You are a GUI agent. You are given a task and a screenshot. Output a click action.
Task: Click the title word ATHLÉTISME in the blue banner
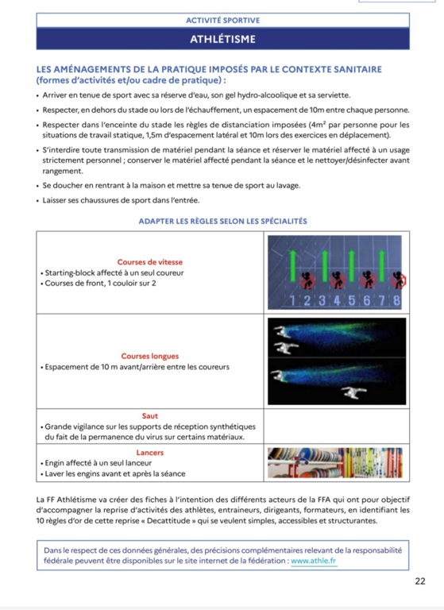(x=222, y=39)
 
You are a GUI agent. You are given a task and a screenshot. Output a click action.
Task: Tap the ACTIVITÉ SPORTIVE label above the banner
(x=222, y=20)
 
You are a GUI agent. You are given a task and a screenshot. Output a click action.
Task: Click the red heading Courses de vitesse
(x=150, y=262)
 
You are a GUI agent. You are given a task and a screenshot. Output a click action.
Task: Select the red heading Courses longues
(x=150, y=357)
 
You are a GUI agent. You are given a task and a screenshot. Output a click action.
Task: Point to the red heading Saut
(x=150, y=416)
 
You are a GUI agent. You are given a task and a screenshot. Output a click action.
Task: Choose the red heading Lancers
(x=150, y=453)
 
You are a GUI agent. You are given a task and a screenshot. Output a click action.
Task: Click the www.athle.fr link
(x=314, y=561)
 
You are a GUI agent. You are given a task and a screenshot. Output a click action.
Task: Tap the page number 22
(x=420, y=581)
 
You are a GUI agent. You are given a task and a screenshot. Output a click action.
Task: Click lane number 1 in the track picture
(x=292, y=301)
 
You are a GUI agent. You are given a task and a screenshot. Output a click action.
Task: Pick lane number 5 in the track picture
(x=352, y=301)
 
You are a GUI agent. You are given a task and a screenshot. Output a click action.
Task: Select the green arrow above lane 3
(x=325, y=266)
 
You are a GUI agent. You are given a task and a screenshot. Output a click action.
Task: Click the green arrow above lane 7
(x=382, y=266)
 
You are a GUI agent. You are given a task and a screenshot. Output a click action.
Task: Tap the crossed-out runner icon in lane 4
(x=338, y=280)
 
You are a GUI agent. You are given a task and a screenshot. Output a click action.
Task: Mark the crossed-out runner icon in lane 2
(x=307, y=280)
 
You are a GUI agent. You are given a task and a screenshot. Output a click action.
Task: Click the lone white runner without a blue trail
(x=353, y=392)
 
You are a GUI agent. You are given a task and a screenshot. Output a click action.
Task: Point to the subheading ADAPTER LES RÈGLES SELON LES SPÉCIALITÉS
(x=222, y=222)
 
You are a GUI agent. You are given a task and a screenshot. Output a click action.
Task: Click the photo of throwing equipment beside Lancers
(x=335, y=463)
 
